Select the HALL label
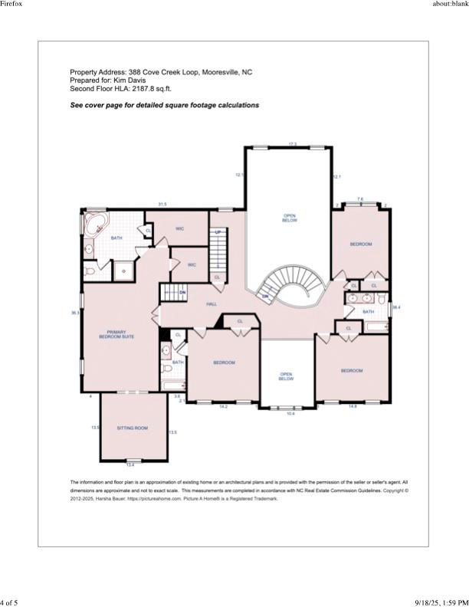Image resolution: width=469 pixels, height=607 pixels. (x=212, y=304)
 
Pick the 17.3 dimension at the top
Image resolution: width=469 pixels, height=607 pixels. (x=292, y=144)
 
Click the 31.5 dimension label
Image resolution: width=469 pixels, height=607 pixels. (x=162, y=205)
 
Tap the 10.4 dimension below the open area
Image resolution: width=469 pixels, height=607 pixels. (x=290, y=414)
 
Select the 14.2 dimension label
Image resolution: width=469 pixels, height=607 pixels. (x=223, y=407)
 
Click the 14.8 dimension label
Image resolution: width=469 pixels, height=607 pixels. (x=353, y=407)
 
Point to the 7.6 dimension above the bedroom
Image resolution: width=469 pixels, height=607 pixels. (x=360, y=199)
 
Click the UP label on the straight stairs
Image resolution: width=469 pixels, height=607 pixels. (x=218, y=232)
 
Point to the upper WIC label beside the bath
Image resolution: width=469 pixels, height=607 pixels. (x=179, y=228)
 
